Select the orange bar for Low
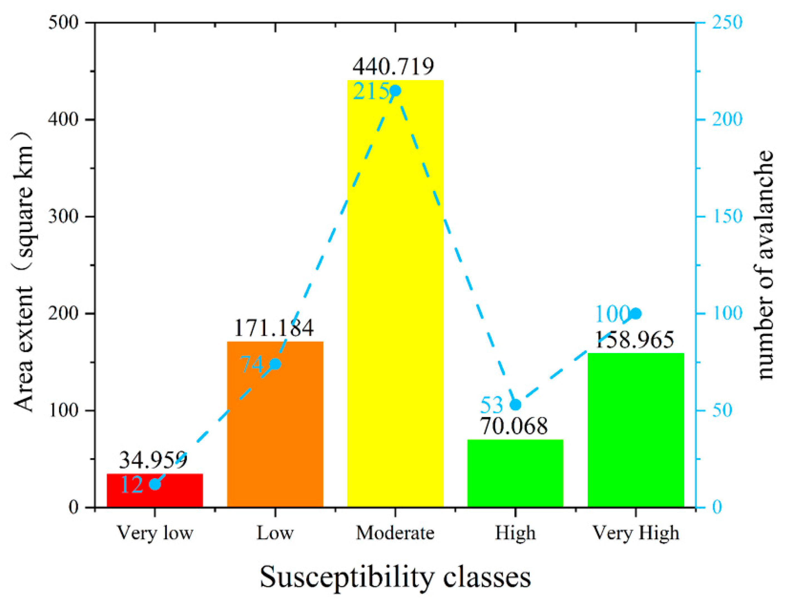click(x=275, y=433)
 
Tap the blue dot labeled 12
click(x=155, y=484)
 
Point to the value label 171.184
click(x=274, y=328)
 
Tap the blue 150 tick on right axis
click(x=727, y=217)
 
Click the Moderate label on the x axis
click(x=395, y=533)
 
